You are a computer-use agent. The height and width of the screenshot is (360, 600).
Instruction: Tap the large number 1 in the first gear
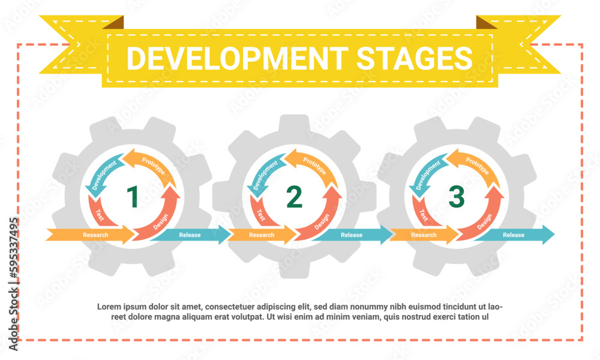[133, 197]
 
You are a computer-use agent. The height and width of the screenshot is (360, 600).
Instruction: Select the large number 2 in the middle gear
[294, 197]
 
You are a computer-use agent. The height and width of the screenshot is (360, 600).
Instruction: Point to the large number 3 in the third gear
[457, 197]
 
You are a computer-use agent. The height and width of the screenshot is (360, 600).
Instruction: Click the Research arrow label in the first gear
[95, 235]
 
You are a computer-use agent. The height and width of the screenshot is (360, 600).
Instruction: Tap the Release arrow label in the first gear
[190, 235]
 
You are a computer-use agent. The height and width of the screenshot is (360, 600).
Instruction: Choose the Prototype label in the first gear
[152, 164]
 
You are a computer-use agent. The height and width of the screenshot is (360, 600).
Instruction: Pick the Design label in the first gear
[161, 221]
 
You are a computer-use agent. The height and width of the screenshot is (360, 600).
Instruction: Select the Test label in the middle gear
[260, 214]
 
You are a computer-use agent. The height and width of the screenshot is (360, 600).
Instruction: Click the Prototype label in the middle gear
[314, 164]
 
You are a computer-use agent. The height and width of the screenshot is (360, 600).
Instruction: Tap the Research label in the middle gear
[262, 235]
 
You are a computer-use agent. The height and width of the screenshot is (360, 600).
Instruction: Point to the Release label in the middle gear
[352, 235]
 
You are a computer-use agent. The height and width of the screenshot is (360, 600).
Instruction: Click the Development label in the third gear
[425, 173]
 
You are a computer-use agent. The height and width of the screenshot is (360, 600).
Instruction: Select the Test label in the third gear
[423, 214]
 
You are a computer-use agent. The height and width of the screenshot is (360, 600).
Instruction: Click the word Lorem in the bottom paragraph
[109, 307]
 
